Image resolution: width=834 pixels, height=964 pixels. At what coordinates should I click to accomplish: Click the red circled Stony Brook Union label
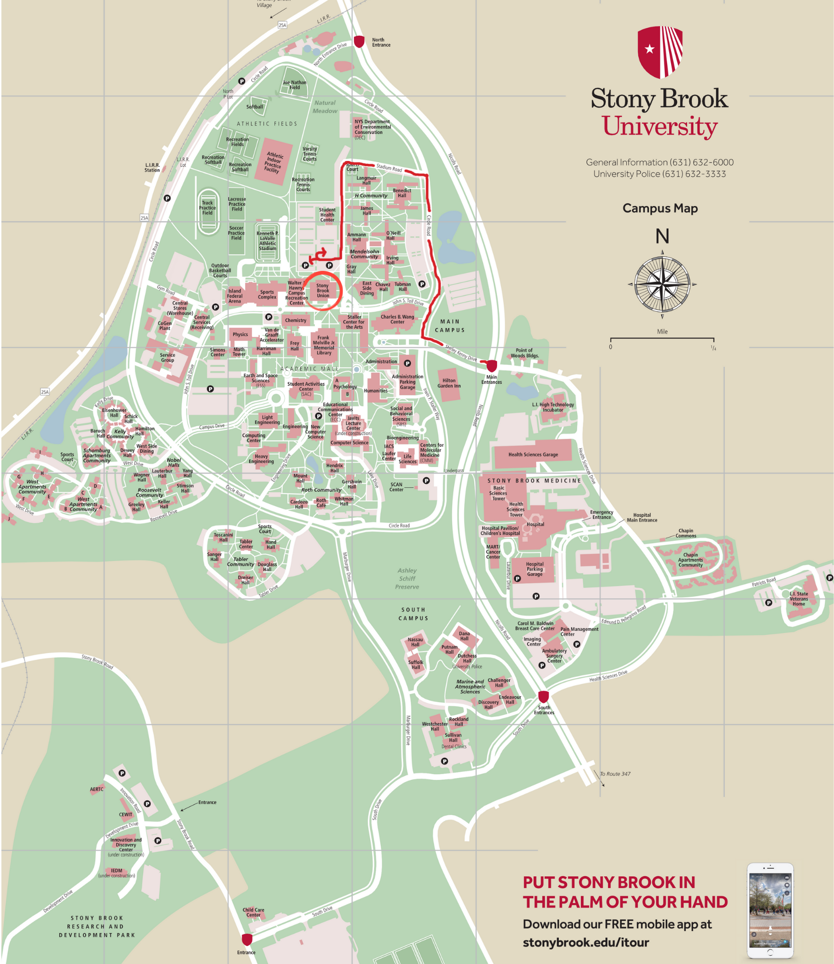click(x=323, y=290)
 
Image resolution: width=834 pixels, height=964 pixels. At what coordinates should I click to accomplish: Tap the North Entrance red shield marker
click(x=359, y=41)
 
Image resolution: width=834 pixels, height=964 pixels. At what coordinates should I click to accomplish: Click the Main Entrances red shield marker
click(x=491, y=366)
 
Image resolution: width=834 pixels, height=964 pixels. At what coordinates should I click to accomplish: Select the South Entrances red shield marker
click(x=543, y=697)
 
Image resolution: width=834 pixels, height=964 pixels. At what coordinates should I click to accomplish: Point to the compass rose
click(x=662, y=284)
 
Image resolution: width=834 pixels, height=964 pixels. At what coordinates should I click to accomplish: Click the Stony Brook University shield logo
click(x=659, y=52)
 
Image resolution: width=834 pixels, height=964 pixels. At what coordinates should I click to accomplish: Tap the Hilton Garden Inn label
click(x=449, y=383)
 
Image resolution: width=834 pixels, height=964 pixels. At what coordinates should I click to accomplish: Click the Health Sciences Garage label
click(x=533, y=455)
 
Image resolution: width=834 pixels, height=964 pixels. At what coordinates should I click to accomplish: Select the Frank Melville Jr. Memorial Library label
click(x=323, y=345)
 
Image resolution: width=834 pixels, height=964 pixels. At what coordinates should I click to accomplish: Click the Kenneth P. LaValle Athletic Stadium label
click(x=268, y=241)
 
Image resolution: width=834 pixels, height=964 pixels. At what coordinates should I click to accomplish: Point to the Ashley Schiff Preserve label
click(x=407, y=578)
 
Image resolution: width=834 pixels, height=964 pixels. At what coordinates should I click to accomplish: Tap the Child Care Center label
click(x=253, y=912)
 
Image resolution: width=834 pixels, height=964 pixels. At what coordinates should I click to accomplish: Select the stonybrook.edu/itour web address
click(x=586, y=942)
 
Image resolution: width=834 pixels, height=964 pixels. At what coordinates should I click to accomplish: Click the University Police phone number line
click(x=659, y=174)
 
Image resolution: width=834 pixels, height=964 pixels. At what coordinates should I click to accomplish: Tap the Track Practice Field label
click(x=207, y=208)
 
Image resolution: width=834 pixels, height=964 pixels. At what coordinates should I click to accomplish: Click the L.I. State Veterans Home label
click(x=799, y=599)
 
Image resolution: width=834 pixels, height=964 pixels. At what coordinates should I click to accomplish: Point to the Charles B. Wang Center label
click(x=397, y=319)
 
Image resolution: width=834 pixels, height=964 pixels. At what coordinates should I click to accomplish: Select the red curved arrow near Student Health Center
click(x=320, y=254)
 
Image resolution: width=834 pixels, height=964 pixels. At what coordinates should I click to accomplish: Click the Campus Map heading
click(x=659, y=208)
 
